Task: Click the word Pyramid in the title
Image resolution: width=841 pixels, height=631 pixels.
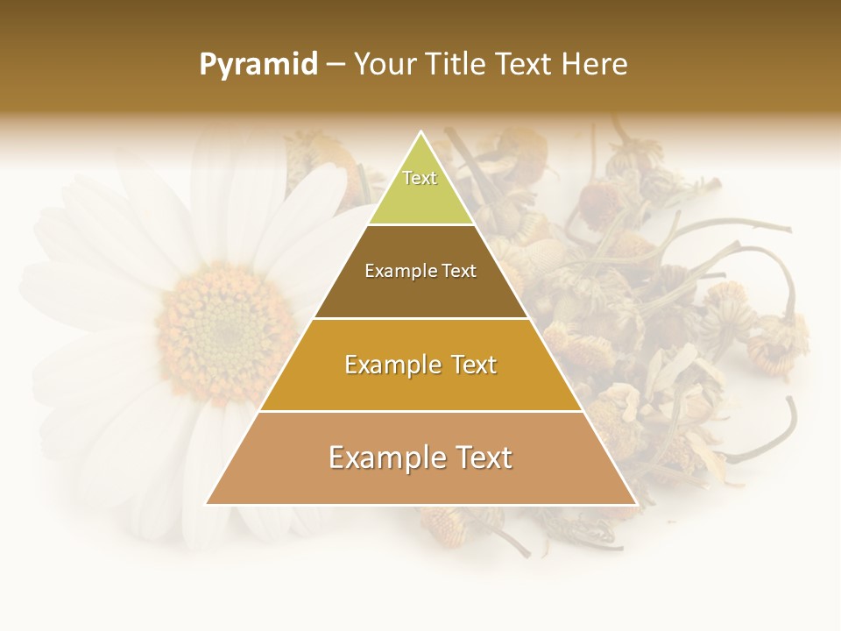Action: pyautogui.click(x=258, y=65)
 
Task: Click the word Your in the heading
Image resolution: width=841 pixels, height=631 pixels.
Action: pyautogui.click(x=385, y=65)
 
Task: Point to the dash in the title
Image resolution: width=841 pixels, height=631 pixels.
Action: pyautogui.click(x=335, y=66)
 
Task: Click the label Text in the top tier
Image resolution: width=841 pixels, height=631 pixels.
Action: pyautogui.click(x=420, y=178)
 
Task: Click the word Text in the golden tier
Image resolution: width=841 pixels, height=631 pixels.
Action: pyautogui.click(x=469, y=365)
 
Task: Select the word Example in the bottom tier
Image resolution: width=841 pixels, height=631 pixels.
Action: pyautogui.click(x=382, y=457)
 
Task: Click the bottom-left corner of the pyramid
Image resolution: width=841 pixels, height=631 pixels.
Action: pyautogui.click(x=208, y=503)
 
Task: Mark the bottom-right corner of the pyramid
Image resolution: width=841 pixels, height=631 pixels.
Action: pyautogui.click(x=635, y=503)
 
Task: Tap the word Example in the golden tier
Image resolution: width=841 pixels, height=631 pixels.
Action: pyautogui.click(x=389, y=365)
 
